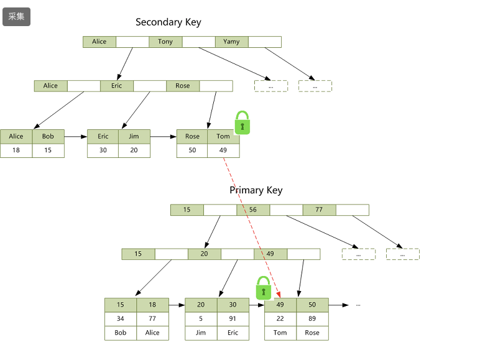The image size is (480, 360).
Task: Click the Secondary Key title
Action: pos(168,22)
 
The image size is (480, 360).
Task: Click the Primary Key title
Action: pos(256,190)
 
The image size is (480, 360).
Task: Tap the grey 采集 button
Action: pos(17,17)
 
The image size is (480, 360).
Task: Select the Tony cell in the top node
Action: pos(165,42)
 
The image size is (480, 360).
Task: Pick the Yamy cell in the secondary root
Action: pos(231,42)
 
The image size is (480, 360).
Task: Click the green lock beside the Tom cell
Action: pos(242,122)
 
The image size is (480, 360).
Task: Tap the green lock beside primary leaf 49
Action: pos(263,288)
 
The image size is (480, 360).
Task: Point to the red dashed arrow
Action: pos(252,228)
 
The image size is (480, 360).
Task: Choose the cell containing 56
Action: pos(253,210)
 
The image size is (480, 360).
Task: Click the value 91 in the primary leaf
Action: pos(233,319)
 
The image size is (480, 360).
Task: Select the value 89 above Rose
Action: pos(312,319)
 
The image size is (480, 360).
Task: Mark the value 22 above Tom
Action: pos(280,319)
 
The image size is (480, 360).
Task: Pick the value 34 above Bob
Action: pos(120,319)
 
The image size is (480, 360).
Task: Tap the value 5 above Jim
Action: pos(201,319)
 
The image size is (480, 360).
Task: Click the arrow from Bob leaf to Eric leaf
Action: pos(76,137)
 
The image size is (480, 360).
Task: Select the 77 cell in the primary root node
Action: pos(319,210)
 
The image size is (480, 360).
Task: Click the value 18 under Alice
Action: pos(16,150)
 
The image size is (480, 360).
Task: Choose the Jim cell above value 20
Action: pos(134,137)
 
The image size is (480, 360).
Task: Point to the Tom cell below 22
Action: pos(280,333)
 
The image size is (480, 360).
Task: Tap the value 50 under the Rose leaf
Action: pos(192,150)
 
